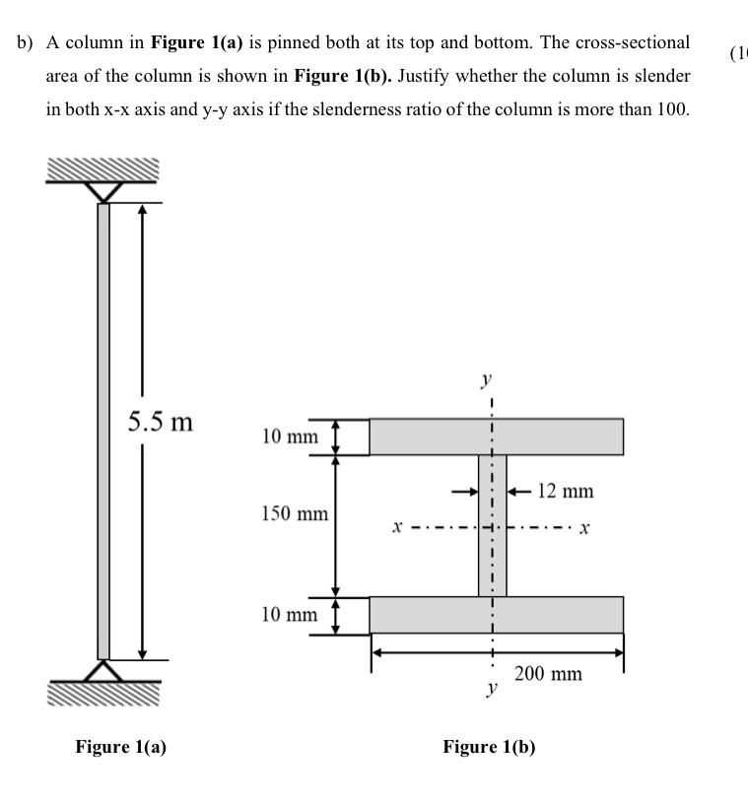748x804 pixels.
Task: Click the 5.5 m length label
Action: click(161, 422)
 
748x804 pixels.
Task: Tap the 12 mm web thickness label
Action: click(566, 491)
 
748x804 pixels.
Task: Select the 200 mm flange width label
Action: click(548, 673)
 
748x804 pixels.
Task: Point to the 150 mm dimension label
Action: click(295, 513)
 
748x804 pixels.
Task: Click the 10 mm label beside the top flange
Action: click(290, 436)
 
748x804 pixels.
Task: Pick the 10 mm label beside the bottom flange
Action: click(290, 614)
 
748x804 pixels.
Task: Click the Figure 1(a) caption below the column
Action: click(121, 747)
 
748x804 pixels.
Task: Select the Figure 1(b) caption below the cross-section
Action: click(489, 747)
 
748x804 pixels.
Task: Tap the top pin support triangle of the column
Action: click(103, 192)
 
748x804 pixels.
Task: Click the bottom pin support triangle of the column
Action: click(103, 671)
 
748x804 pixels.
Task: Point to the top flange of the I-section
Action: click(497, 436)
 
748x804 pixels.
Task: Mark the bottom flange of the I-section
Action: click(497, 615)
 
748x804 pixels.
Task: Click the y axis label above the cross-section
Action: click(486, 380)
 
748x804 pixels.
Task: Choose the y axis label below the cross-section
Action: click(492, 688)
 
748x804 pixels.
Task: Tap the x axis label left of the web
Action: click(397, 526)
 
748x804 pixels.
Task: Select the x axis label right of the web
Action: click(584, 528)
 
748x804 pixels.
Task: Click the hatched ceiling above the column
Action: click(102, 169)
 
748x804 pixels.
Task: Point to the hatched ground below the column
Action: click(103, 694)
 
